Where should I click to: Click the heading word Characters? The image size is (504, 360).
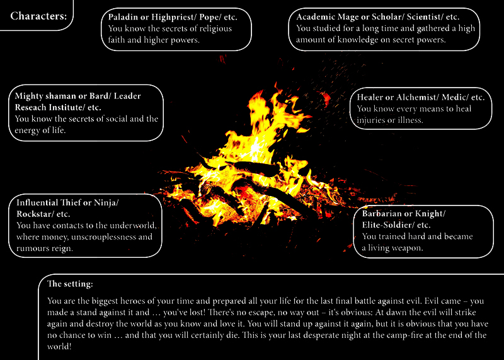coord(38,16)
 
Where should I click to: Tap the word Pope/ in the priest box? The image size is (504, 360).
coord(210,17)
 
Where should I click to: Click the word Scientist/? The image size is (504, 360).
coord(425,17)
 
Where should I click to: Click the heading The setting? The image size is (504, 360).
coord(70,284)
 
